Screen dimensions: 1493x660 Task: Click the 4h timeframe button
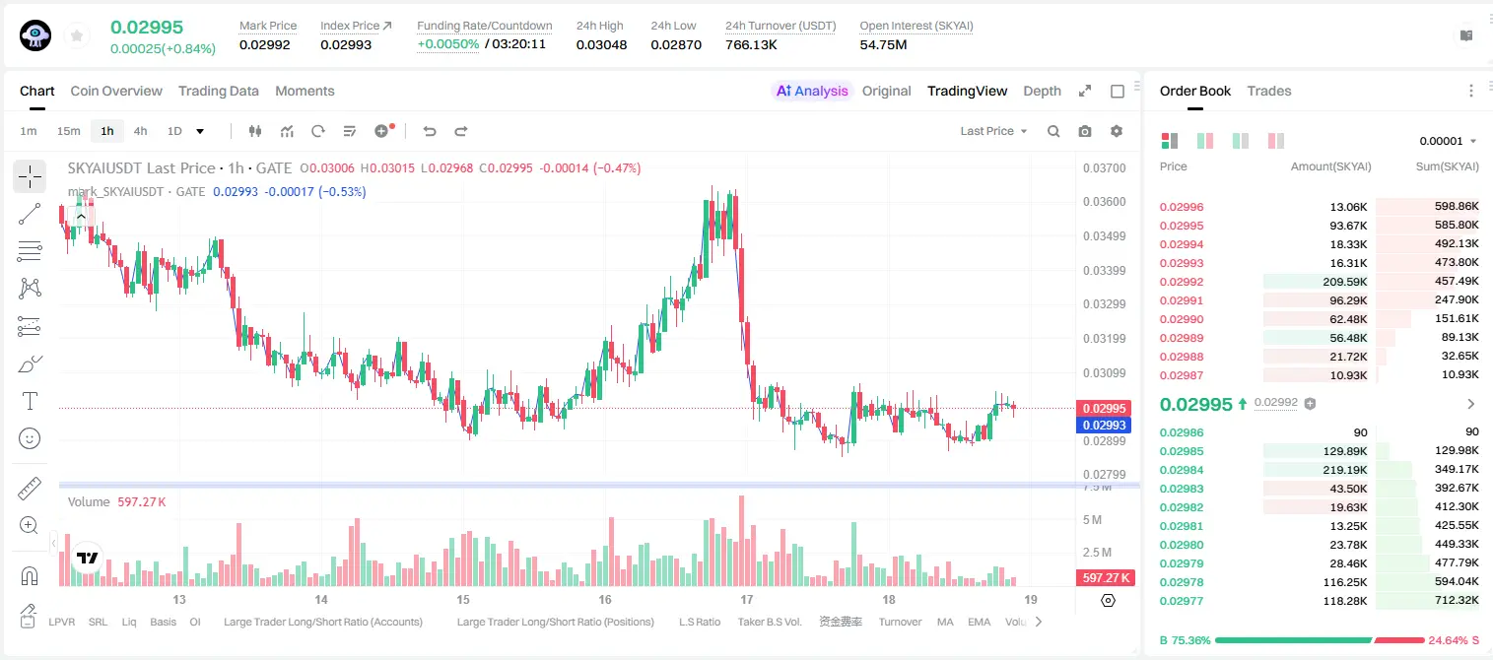(140, 131)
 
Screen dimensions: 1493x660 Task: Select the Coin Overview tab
(116, 91)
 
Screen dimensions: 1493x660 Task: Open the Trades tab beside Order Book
(1269, 91)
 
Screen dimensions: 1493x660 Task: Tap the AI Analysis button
(812, 91)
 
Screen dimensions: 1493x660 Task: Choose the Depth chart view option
(1042, 91)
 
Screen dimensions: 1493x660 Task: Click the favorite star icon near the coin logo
(77, 36)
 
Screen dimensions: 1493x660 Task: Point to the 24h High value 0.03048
(601, 44)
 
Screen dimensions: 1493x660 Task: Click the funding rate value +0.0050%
(447, 44)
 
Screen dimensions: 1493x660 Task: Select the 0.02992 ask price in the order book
(1182, 282)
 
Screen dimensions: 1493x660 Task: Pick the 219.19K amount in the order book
(1345, 470)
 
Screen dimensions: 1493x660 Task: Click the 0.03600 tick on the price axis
(1105, 202)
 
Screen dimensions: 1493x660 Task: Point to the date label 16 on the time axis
(604, 599)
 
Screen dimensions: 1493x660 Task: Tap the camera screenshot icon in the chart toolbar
(1085, 131)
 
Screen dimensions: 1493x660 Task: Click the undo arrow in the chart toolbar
(430, 131)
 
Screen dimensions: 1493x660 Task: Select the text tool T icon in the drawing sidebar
(30, 401)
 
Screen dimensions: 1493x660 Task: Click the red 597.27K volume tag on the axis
(1106, 577)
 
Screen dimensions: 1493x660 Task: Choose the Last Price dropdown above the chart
(993, 131)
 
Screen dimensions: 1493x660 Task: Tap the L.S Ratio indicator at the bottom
(700, 622)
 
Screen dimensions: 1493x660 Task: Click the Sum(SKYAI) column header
(1447, 166)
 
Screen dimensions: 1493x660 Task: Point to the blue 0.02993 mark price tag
(1104, 425)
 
